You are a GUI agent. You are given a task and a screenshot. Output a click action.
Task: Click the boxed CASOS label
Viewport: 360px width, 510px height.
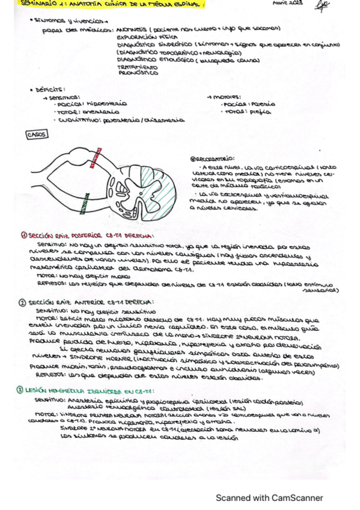37,135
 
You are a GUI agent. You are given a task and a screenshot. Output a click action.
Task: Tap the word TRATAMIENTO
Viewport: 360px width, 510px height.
135,67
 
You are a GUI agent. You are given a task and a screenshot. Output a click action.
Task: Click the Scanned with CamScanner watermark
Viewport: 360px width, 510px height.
269,498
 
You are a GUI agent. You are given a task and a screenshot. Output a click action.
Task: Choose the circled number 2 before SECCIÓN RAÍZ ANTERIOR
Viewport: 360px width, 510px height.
22,302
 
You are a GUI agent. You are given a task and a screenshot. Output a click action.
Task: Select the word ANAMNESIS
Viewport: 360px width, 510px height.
138,28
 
